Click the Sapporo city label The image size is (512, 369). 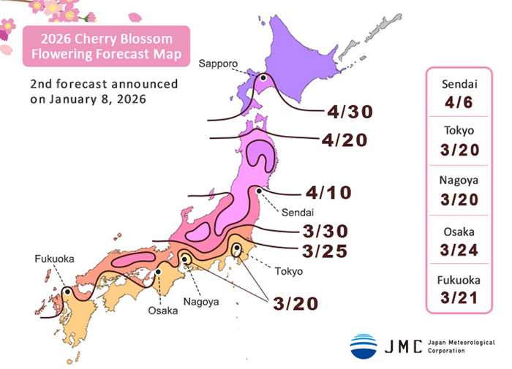click(x=217, y=64)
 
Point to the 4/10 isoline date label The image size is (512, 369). click(x=329, y=194)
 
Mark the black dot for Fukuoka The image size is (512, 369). click(x=67, y=291)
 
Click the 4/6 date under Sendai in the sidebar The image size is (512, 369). click(x=459, y=104)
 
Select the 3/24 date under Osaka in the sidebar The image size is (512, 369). click(x=459, y=249)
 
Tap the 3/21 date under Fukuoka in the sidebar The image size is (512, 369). click(x=459, y=297)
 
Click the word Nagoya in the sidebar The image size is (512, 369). click(x=459, y=179)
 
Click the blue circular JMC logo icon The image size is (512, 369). click(x=364, y=346)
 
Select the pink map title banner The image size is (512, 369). click(x=105, y=46)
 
